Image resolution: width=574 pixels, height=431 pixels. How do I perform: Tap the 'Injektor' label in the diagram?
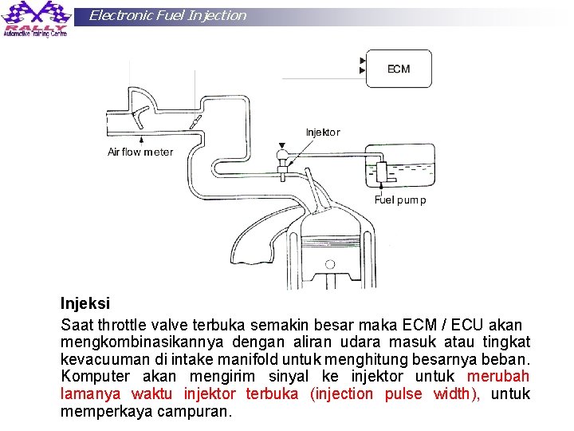[x=322, y=132]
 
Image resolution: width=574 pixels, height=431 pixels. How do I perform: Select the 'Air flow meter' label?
[x=140, y=152]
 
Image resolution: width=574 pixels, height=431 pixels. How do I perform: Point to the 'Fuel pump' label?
[x=400, y=200]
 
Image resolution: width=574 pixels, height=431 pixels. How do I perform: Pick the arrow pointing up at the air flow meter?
[x=146, y=139]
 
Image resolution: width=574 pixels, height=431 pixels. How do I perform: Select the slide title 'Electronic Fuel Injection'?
[x=167, y=15]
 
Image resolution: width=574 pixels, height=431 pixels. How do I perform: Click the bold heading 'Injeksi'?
[x=85, y=304]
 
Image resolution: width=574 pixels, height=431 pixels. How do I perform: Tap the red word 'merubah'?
[x=498, y=376]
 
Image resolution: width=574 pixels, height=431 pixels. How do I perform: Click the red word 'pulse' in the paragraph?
[x=403, y=393]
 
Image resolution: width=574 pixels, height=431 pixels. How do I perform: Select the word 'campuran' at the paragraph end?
[x=201, y=411]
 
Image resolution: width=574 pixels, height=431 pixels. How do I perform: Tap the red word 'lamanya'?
[x=91, y=393]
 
